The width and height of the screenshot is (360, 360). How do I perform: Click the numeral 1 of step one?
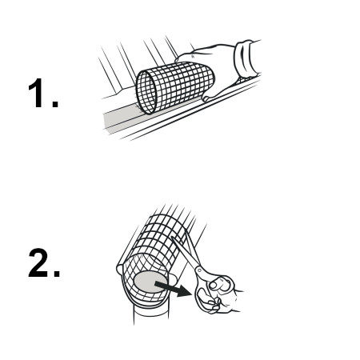pos(37,93)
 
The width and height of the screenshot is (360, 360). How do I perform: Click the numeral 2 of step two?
pos(38,263)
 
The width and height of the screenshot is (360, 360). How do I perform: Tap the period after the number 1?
pos(55,104)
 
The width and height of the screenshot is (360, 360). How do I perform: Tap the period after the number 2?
pos(57,274)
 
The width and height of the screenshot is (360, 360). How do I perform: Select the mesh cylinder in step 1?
pos(174,87)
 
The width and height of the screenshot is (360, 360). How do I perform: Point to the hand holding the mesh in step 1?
pos(214,70)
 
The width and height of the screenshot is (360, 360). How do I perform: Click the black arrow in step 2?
pos(173,289)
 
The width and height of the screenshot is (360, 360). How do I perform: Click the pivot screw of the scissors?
pos(199,270)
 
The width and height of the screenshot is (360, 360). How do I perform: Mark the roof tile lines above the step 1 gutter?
pos(138,62)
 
